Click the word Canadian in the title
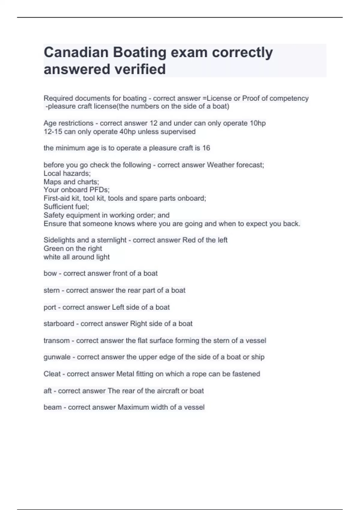coord(76,52)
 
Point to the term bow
coord(50,273)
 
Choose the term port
coord(50,307)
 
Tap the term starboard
coord(59,324)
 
